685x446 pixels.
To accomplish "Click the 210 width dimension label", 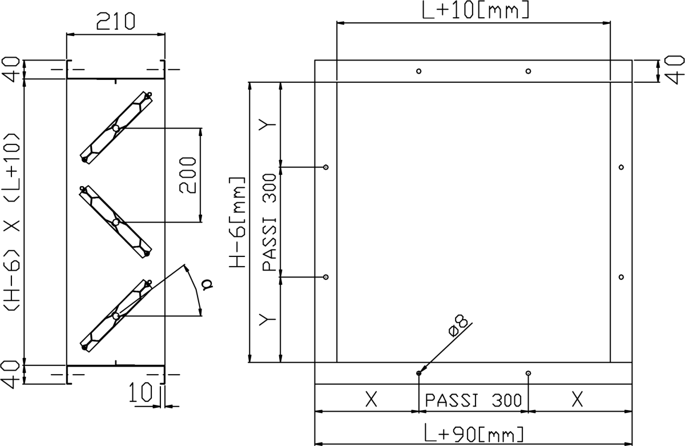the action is tap(115, 21).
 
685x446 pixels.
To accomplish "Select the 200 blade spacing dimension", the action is tap(187, 175).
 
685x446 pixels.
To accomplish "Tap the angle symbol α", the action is tap(207, 284).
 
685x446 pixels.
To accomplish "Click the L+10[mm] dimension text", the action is tap(476, 10).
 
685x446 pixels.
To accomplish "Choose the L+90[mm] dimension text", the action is tap(474, 433).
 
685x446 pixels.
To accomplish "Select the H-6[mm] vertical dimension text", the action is tap(237, 223).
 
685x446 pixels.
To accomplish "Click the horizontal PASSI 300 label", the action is tap(473, 400).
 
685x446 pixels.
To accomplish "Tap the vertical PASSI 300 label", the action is tap(269, 222).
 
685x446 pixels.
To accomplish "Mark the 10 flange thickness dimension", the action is tap(140, 392).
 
